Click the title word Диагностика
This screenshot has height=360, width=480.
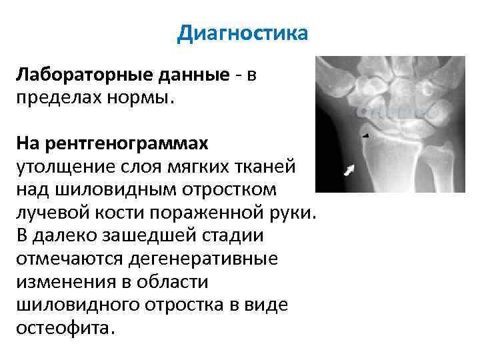(x=243, y=33)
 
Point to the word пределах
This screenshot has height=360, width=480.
(x=55, y=98)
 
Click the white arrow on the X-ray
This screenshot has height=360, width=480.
(x=349, y=170)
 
